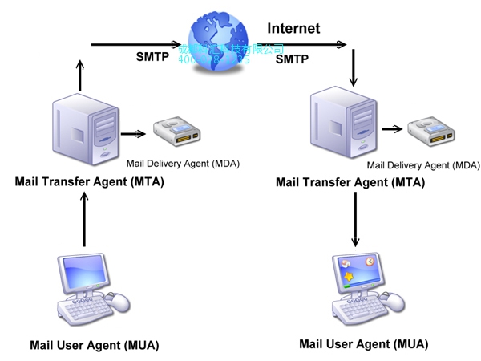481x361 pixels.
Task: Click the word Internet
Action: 293,29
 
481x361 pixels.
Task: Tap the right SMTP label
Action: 292,59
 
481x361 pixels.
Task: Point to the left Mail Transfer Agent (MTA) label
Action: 89,181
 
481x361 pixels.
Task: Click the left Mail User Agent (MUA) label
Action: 95,346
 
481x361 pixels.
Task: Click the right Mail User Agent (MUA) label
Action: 364,344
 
